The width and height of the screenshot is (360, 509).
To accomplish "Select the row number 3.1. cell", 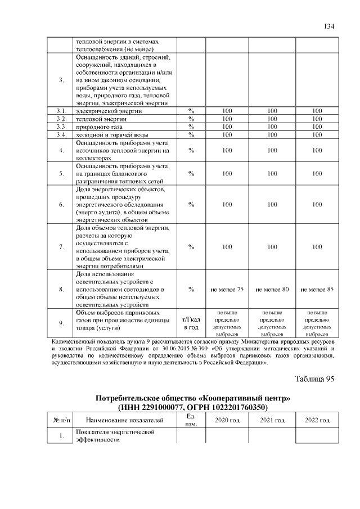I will click(x=61, y=111).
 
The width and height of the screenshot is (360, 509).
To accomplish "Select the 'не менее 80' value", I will click(x=272, y=289).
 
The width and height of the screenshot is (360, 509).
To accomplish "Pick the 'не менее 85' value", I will click(x=317, y=289).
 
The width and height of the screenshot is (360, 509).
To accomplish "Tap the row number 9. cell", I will click(x=61, y=322).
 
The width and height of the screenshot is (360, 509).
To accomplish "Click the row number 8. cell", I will click(x=61, y=289).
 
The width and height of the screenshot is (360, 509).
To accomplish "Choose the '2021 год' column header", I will click(x=272, y=420).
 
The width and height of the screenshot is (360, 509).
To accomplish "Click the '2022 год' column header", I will click(x=317, y=420).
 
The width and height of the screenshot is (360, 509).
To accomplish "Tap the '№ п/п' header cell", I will click(x=61, y=420).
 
